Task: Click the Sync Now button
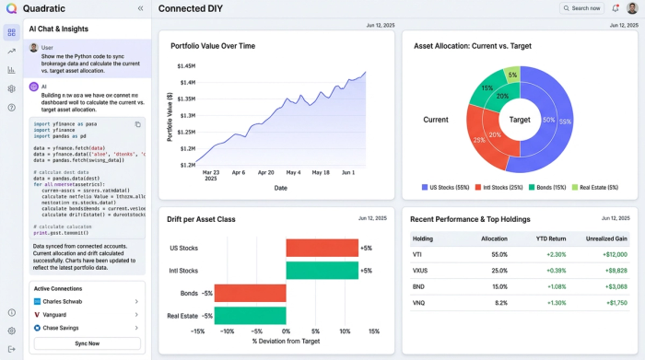point(87,343)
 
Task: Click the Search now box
point(581,8)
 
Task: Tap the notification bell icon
point(616,8)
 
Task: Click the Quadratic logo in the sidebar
point(11,8)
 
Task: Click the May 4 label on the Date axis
point(294,172)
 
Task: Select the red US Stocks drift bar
point(322,248)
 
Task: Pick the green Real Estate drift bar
point(251,315)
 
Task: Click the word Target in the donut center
point(520,120)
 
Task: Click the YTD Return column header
point(551,238)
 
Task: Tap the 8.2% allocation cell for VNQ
point(498,302)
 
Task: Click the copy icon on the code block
point(138,124)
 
